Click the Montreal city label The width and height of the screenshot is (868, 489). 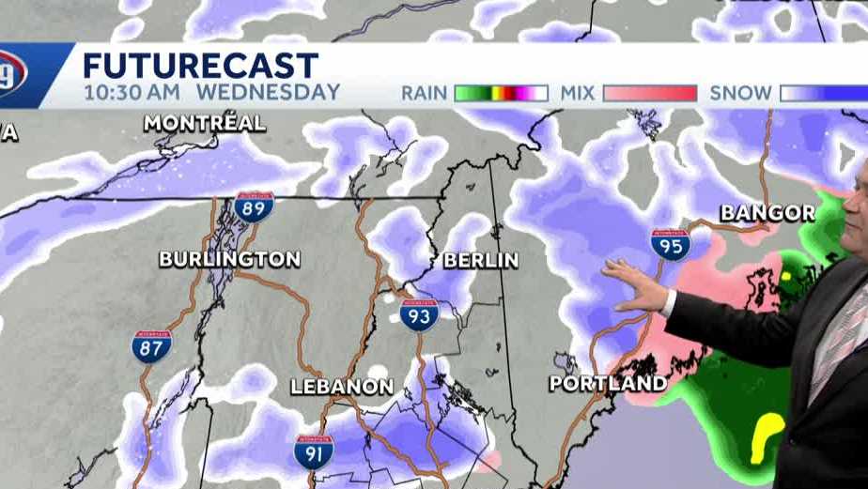[205, 123]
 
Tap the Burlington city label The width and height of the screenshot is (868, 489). [229, 259]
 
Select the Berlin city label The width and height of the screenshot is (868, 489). [480, 259]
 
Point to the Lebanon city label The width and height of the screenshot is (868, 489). [341, 387]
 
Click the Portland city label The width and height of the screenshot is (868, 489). [608, 383]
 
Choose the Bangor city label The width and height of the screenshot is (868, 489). [767, 213]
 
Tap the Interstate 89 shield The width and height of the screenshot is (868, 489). [254, 206]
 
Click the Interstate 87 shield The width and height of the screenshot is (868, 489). [151, 346]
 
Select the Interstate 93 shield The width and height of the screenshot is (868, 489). [419, 314]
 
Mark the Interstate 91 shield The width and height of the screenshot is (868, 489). [313, 451]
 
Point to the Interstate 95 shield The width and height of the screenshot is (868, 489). [670, 244]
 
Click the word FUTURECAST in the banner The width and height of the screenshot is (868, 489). [200, 66]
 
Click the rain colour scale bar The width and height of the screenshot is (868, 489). [501, 93]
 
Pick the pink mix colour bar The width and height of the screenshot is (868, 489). [650, 93]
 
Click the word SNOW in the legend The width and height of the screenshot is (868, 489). [740, 93]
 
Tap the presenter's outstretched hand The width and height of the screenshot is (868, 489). [637, 285]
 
